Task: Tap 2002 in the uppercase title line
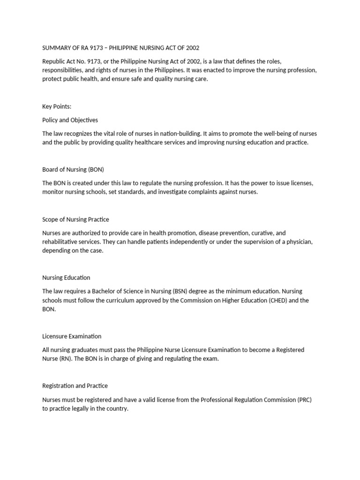[198, 48]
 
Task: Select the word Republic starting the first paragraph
[54, 61]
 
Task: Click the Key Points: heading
[56, 106]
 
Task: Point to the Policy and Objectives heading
[70, 120]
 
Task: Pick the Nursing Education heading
[66, 277]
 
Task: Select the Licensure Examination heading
[72, 336]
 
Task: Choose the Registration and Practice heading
[75, 386]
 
